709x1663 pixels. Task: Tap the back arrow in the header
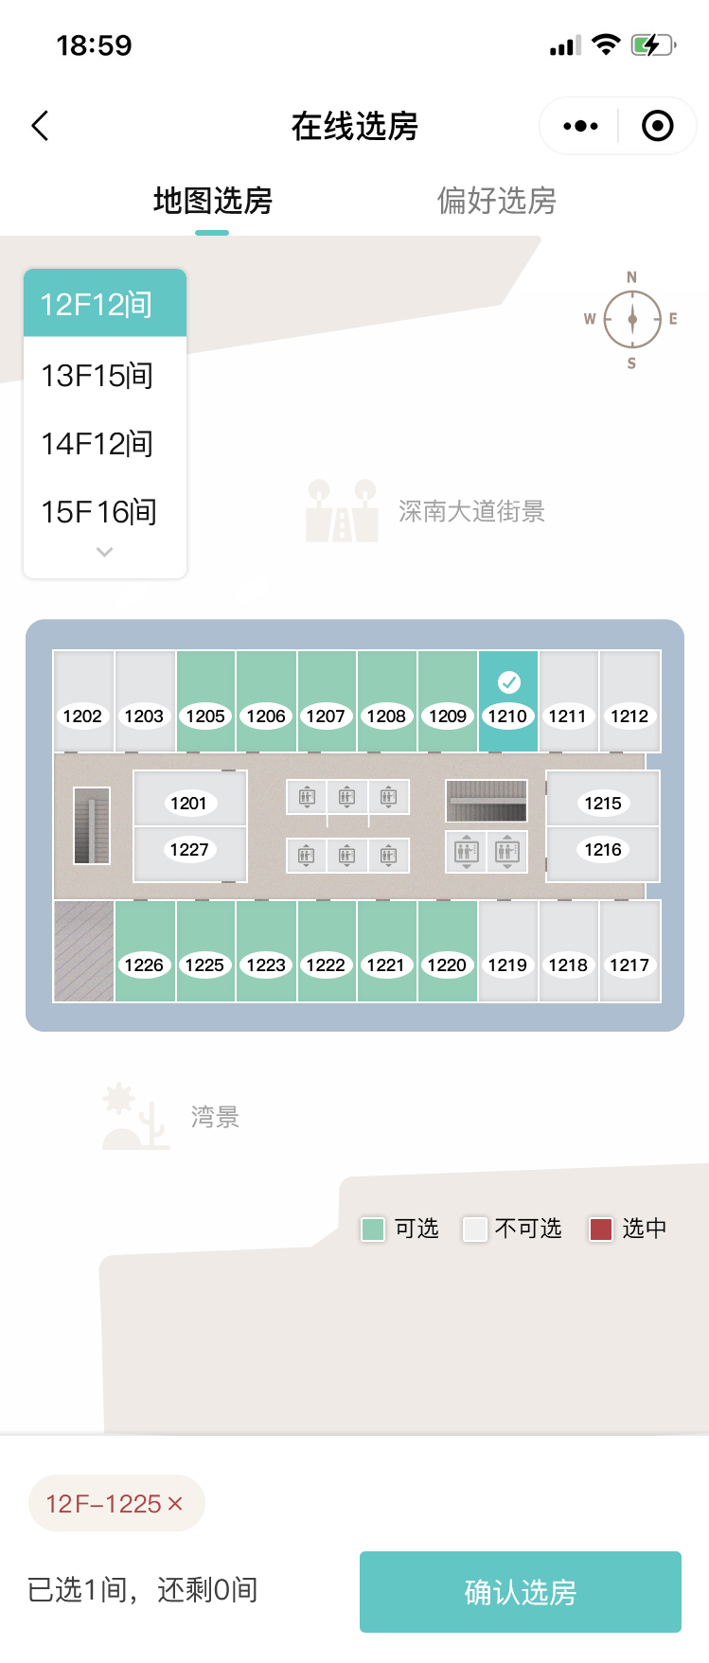coord(41,126)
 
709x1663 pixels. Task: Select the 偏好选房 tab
coord(496,201)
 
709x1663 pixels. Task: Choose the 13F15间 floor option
coord(97,376)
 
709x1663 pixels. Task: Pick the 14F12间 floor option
coord(97,444)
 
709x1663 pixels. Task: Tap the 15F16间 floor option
coord(98,512)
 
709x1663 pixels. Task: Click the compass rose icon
coord(631,319)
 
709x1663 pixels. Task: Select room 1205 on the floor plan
coord(205,701)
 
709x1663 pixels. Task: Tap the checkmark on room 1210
coord(508,681)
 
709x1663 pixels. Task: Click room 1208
coord(386,701)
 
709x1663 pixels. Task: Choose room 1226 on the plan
coord(144,952)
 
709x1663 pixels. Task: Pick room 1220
coord(447,952)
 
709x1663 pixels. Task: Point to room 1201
coord(189,803)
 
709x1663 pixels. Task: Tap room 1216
coord(603,850)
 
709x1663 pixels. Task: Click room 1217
coord(629,952)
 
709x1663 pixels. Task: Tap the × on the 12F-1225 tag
coord(175,1503)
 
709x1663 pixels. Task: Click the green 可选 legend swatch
coord(373,1229)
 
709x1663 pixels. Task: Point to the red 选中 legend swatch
coord(601,1229)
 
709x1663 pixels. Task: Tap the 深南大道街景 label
coord(471,512)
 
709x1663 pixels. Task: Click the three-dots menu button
coord(580,126)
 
